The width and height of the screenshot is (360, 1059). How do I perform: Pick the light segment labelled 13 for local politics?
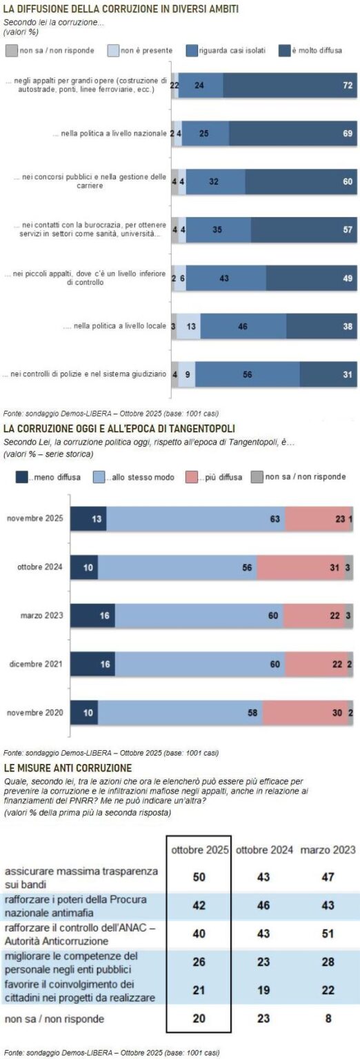[x=188, y=326]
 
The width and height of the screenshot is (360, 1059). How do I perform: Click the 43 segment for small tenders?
[x=226, y=278]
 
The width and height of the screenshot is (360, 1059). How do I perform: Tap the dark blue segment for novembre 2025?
[x=88, y=518]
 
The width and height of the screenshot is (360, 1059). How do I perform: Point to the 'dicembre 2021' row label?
[x=39, y=664]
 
